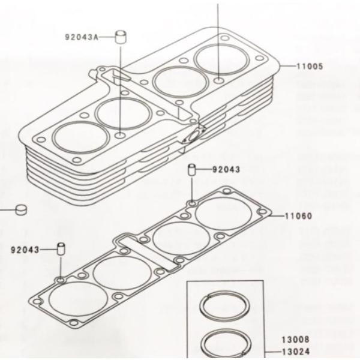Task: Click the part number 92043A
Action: (x=81, y=37)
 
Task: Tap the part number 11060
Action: (x=299, y=215)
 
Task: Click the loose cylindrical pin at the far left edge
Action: (x=22, y=210)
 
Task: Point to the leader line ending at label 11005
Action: (x=286, y=66)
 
